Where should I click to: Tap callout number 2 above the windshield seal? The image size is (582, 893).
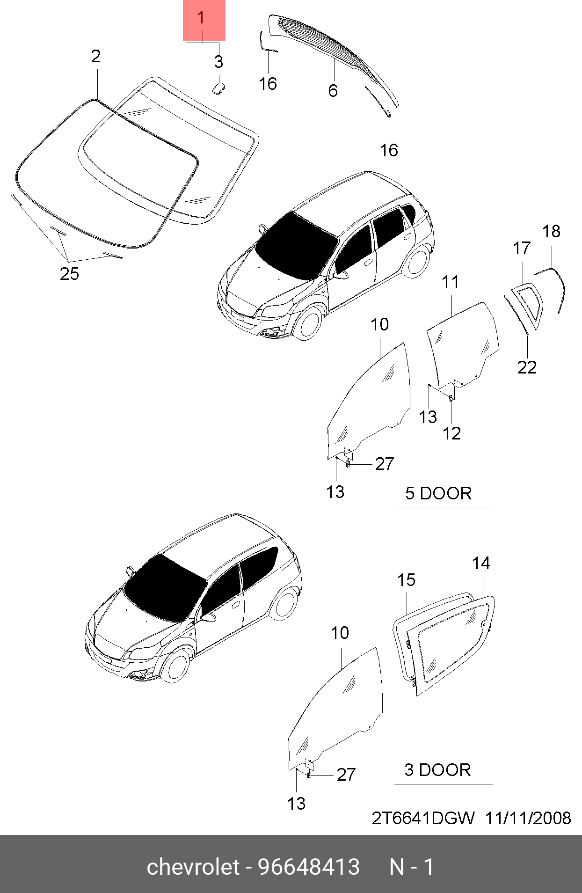[x=96, y=57]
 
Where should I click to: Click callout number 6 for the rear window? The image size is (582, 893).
[x=333, y=90]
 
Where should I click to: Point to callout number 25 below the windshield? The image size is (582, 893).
[x=69, y=274]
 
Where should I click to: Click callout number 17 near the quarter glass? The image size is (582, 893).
[x=522, y=248]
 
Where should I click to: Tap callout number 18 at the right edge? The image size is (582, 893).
[x=551, y=231]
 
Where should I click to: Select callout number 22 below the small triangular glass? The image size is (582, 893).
[x=527, y=367]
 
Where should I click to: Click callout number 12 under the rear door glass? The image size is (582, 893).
[x=451, y=433]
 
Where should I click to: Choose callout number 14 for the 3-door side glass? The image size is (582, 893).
[x=481, y=564]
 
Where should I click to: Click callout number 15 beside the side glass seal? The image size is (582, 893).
[x=406, y=580]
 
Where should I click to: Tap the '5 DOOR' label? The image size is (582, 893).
[x=438, y=493]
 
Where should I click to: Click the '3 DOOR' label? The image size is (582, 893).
[x=437, y=770]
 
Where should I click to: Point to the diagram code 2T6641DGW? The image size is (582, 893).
[x=423, y=818]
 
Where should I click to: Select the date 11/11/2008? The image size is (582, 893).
[x=528, y=818]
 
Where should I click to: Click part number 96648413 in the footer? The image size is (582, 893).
[x=309, y=867]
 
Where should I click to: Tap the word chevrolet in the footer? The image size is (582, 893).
[x=193, y=867]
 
